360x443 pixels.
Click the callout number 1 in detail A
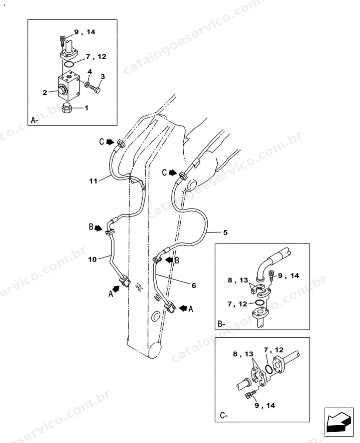87,107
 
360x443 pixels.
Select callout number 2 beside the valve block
45,92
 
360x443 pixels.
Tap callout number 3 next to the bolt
103,76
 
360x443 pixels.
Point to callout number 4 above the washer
90,71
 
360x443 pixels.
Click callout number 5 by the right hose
225,232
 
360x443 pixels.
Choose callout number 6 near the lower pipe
194,285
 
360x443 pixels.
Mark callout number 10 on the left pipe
92,259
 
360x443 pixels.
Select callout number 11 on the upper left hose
93,181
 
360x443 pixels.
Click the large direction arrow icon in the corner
339,419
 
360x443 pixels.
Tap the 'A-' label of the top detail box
35,121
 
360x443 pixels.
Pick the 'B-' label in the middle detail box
221,324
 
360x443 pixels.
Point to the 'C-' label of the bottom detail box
224,416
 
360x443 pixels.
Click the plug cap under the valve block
66,108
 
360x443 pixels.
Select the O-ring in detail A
69,64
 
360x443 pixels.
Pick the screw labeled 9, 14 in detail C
251,395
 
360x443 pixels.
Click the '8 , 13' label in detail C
243,354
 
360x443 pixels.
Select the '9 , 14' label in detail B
289,275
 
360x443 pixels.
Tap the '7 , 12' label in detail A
96,57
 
